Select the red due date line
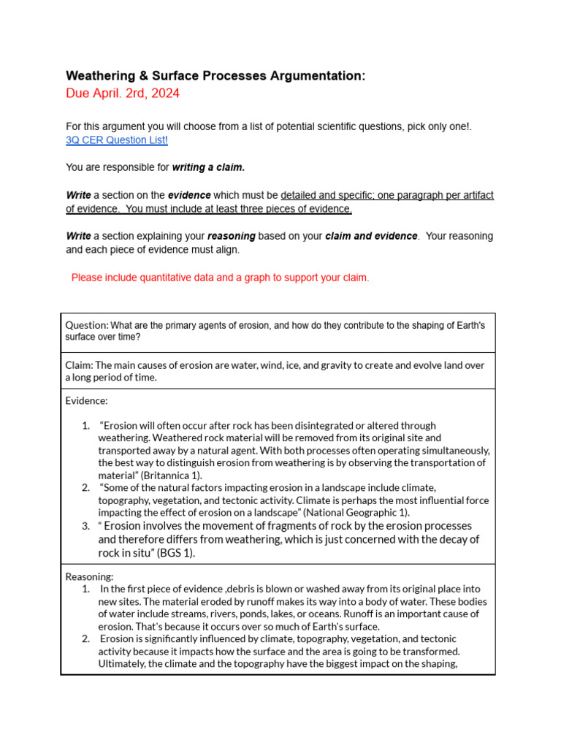click(122, 93)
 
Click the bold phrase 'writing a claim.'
click(208, 167)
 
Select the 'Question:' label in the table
click(87, 325)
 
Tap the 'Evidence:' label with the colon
click(86, 401)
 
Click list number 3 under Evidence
click(85, 526)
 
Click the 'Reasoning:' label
click(89, 576)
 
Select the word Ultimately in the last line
click(122, 663)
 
